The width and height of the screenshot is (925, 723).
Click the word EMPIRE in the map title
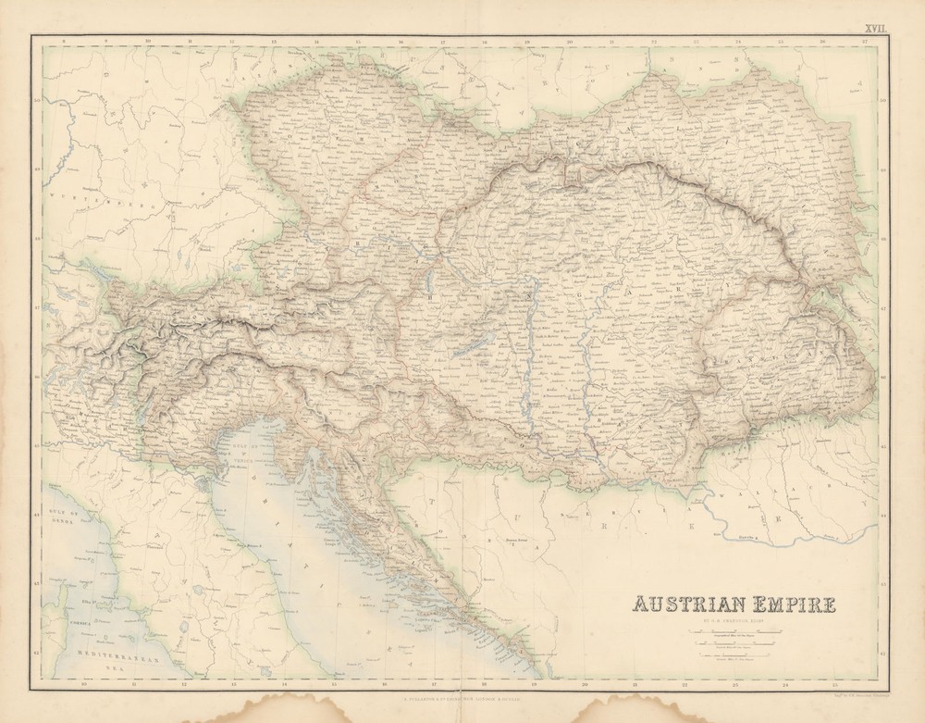click(792, 605)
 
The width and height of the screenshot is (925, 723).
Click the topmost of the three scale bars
click(735, 631)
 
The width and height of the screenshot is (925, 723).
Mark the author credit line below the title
click(734, 620)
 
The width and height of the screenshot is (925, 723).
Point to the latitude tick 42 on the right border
click(882, 654)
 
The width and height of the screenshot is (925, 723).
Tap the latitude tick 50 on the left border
click(37, 102)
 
